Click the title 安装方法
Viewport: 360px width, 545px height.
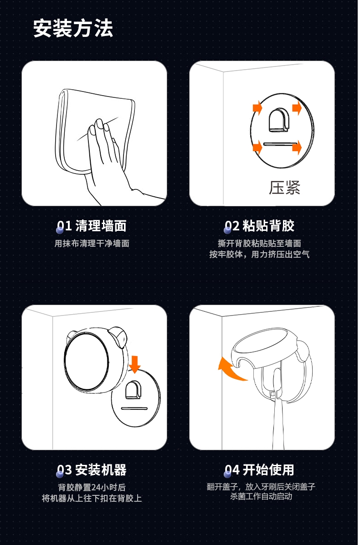pyautogui.click(x=73, y=28)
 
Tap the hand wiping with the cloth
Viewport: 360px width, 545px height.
pyautogui.click(x=104, y=160)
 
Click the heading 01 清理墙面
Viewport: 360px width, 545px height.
pyautogui.click(x=92, y=226)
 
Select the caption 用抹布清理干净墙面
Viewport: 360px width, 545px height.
pyautogui.click(x=92, y=243)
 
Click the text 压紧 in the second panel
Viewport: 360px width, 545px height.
pyautogui.click(x=284, y=188)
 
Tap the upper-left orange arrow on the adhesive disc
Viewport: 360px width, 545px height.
pyautogui.click(x=257, y=108)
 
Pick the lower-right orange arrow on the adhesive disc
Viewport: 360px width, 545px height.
pyautogui.click(x=297, y=148)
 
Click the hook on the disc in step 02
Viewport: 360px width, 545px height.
pyautogui.click(x=278, y=120)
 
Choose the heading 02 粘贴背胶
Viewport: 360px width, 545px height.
pyautogui.click(x=259, y=226)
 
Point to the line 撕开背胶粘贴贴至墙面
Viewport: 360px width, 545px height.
pyautogui.click(x=259, y=243)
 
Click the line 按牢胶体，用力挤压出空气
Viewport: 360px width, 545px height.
pyautogui.click(x=259, y=255)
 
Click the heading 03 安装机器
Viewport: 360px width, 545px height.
pyautogui.click(x=92, y=470)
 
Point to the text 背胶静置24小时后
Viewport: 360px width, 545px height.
pyautogui.click(x=92, y=487)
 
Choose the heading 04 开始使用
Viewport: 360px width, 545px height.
pyautogui.click(x=259, y=470)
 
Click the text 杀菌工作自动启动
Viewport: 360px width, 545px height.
pyautogui.click(x=261, y=496)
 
